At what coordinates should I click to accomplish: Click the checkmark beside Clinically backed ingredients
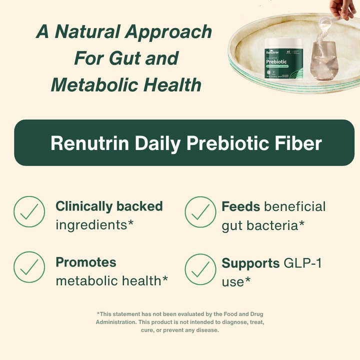pos(29,212)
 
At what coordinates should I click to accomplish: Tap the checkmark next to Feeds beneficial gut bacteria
pos(200,212)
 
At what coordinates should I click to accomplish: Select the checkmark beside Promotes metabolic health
pos(29,267)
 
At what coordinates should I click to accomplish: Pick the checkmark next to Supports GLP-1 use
pos(200,269)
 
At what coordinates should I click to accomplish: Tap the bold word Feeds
pos(240,206)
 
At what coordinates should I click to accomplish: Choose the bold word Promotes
pos(85,262)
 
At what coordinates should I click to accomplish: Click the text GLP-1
pos(302,263)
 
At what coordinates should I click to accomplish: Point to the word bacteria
pos(277,225)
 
